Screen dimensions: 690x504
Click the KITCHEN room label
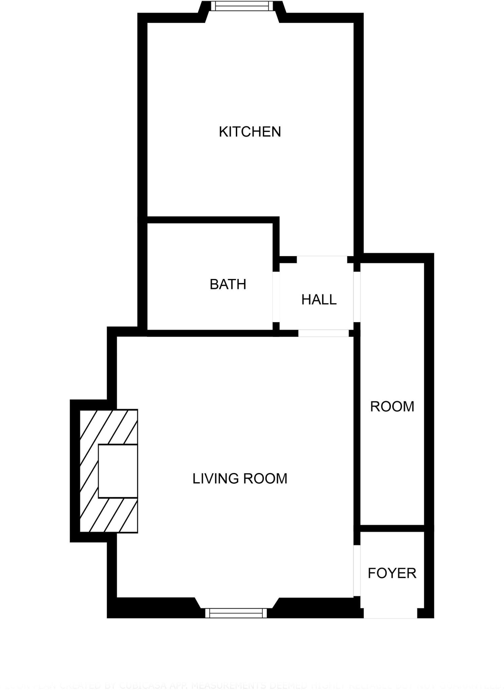click(x=250, y=132)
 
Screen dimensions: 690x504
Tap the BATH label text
click(x=228, y=284)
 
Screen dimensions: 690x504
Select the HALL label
click(x=319, y=300)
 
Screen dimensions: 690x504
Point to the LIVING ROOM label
click(x=240, y=479)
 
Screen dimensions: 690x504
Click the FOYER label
click(x=392, y=573)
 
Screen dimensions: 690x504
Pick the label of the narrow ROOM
click(x=392, y=407)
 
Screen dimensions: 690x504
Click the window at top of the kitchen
click(x=242, y=6)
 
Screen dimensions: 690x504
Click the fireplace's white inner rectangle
click(x=118, y=471)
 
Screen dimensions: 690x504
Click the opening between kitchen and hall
click(x=322, y=259)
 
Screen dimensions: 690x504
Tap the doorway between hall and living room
click(x=323, y=333)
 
